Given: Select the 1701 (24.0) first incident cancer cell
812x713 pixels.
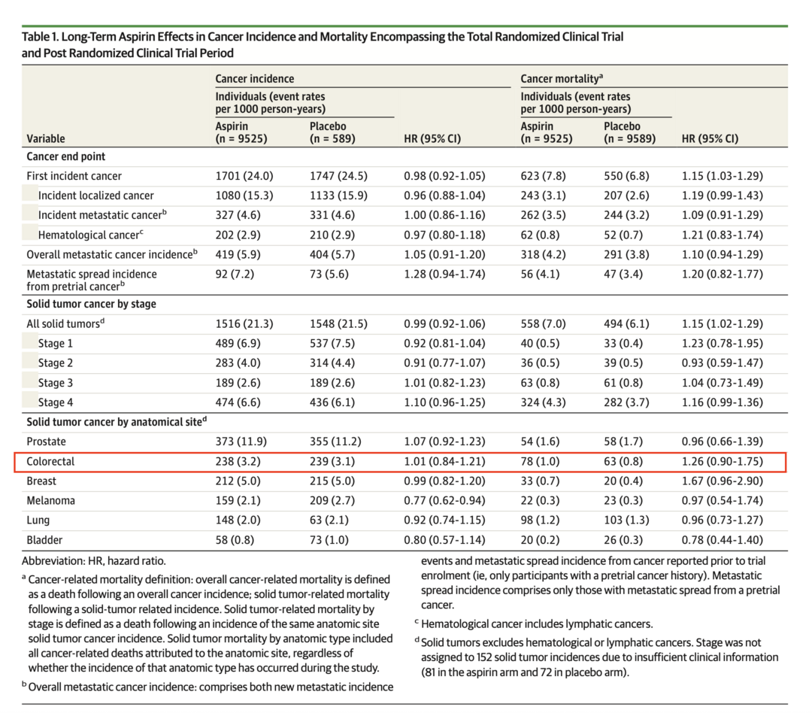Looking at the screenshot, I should pos(244,176).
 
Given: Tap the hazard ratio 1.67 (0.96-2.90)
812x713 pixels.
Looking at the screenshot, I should pos(722,481).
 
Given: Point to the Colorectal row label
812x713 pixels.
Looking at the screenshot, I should pos(51,461).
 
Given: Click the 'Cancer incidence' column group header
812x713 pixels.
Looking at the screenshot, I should pos(255,78).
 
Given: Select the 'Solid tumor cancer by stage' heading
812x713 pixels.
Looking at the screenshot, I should pos(92,304).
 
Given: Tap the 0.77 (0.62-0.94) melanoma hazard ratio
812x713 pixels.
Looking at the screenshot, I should pos(444,500).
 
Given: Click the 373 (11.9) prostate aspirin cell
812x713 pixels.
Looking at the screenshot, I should pos(244,441).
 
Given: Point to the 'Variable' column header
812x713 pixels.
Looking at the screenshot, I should pos(46,138).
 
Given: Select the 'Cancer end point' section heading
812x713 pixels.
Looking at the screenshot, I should pos(66,156).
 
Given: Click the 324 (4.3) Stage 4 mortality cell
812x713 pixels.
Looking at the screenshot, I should pos(546,402).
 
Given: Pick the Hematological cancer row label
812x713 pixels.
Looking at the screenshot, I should pos(89,235).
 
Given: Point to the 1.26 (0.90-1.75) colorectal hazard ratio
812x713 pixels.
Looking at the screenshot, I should pos(722,461).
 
